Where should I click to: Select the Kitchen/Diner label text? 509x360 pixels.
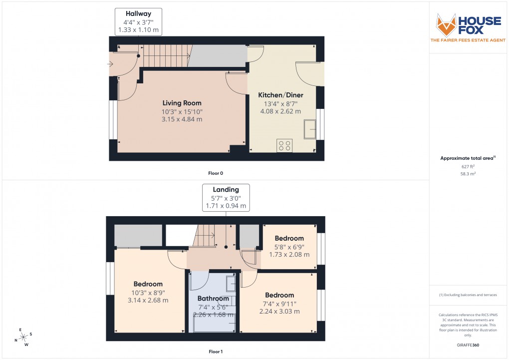coord(280,95)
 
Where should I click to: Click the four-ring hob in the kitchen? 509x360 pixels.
coord(285,145)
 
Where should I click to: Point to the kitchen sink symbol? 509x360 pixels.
coord(310,130)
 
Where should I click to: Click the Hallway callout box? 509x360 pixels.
coord(138,22)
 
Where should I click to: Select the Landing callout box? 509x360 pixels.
coord(226,197)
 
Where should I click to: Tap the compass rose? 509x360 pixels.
coord(23,337)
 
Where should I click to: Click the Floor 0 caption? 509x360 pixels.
coord(216,173)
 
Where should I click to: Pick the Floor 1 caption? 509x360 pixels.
coord(216,352)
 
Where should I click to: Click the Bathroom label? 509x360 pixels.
coord(213,299)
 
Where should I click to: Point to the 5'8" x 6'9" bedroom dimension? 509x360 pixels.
coord(289,247)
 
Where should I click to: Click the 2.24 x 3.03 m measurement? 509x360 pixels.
coord(279,312)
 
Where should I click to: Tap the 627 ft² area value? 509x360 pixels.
coord(468,166)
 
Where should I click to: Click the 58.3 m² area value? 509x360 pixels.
coord(468,173)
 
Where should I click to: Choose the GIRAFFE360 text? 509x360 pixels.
coord(468,345)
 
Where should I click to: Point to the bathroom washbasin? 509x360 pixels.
coord(231,284)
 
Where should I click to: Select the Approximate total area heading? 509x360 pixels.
coord(467,158)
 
